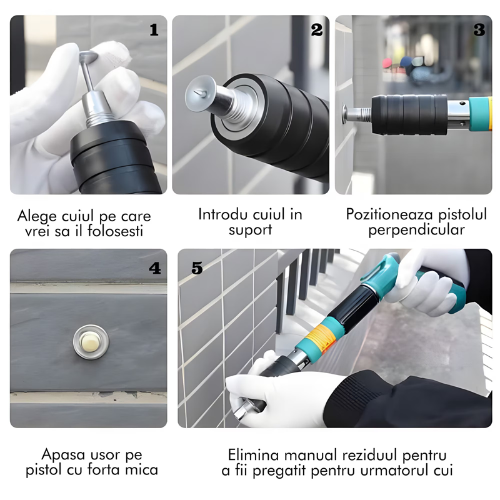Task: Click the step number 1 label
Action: click(154, 30)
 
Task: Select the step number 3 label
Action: click(479, 30)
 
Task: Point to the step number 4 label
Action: click(154, 269)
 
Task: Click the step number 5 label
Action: click(197, 269)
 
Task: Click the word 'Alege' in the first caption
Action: click(39, 217)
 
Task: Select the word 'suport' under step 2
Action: click(251, 229)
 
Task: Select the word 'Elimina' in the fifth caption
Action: click(252, 454)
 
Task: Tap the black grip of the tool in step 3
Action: click(409, 114)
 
